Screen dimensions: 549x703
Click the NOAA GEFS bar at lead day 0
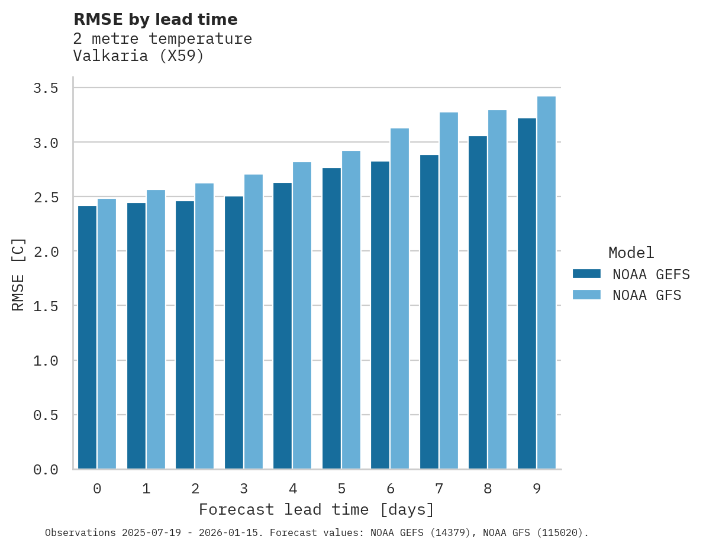point(87,337)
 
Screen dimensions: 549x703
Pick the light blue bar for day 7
point(449,290)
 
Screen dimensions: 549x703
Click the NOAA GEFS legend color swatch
point(586,274)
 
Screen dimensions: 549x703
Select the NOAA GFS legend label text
point(647,295)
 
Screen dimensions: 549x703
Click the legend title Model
point(631,253)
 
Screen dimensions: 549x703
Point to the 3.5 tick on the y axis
point(46,88)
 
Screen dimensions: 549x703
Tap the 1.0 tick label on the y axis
point(46,360)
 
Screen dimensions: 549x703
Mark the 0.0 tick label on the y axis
point(46,470)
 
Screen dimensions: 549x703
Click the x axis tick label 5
point(341,489)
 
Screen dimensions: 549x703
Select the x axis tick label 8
point(488,489)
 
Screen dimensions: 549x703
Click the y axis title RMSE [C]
point(18,274)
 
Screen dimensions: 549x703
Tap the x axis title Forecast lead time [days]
point(317,509)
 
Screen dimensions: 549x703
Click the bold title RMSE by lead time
point(155,20)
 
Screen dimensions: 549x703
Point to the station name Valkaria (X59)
point(138,57)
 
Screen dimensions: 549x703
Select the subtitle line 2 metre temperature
point(162,39)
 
